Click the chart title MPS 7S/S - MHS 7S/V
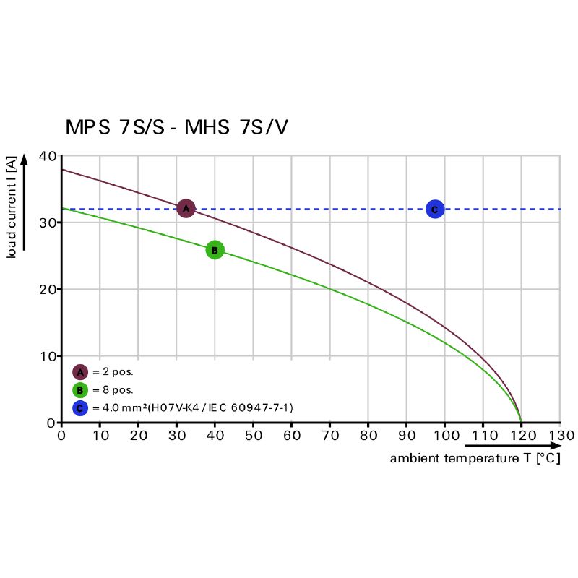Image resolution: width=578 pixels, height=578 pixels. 177,128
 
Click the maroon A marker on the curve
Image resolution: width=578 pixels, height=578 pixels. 186,209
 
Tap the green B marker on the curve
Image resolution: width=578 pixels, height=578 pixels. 215,250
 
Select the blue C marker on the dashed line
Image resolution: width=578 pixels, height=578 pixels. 434,210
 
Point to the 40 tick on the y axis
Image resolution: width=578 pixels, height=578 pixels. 47,156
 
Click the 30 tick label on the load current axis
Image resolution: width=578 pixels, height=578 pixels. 47,223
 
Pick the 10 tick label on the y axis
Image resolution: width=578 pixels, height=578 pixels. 47,356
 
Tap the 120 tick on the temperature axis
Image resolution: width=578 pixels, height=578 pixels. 522,436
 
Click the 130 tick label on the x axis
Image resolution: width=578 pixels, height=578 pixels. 561,436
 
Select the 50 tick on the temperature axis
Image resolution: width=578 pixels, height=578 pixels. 253,436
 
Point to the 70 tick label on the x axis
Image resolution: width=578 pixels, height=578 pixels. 330,436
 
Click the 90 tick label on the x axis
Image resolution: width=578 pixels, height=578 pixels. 407,436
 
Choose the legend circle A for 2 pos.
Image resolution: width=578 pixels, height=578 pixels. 80,372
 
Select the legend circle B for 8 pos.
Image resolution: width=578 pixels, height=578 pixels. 80,390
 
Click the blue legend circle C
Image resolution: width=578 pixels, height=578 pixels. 80,408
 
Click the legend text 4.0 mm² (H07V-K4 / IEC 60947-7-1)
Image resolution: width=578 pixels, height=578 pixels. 192,408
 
